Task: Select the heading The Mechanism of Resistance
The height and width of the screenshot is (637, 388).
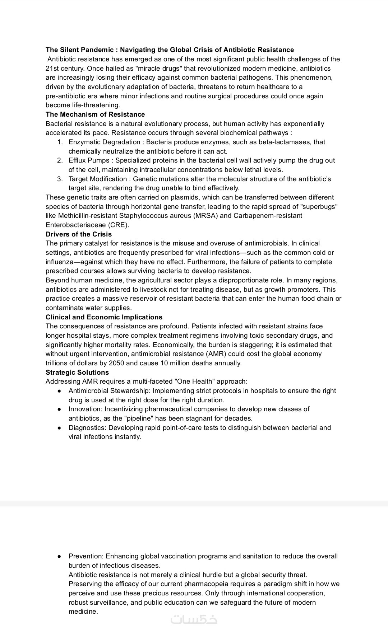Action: pos(95,114)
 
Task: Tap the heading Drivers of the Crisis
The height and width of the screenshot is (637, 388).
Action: pos(79,234)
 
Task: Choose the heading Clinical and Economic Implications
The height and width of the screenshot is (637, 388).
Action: pos(104,317)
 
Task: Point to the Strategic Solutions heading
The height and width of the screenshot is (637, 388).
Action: pos(77,373)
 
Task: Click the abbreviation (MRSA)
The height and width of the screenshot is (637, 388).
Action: pos(205,216)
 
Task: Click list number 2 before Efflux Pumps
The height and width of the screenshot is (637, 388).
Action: pos(60,160)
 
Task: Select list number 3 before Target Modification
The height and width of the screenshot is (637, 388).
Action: pos(60,179)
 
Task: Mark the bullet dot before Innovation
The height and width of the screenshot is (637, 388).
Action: pos(60,409)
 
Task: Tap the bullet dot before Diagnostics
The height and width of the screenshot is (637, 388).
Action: pos(60,428)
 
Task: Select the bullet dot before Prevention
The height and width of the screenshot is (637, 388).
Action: pos(60,556)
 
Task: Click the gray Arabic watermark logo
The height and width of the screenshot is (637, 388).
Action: pos(194,620)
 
